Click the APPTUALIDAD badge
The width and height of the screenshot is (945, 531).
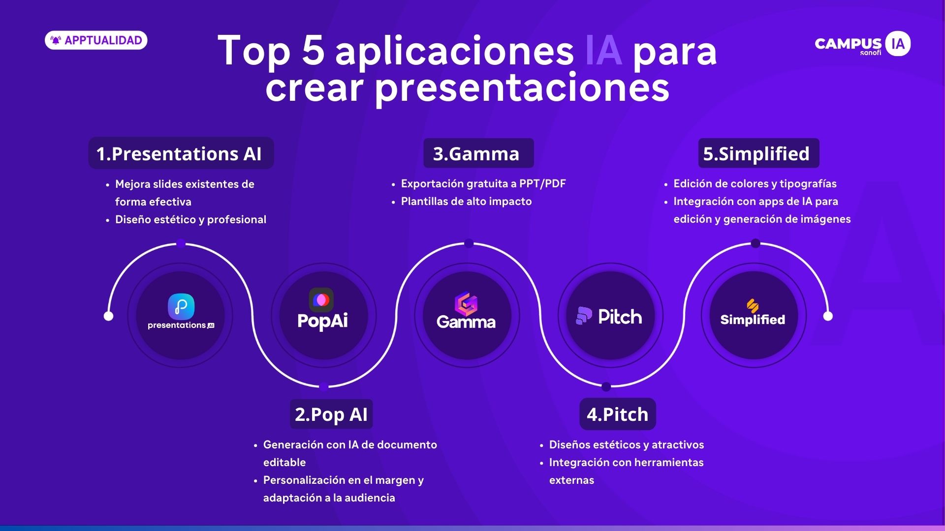(96, 40)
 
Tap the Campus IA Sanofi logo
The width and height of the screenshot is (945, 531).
(862, 44)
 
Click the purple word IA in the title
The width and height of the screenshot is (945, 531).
(603, 51)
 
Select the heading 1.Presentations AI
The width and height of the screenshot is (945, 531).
(181, 153)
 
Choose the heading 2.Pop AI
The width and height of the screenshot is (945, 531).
(331, 414)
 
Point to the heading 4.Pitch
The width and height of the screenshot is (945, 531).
(618, 414)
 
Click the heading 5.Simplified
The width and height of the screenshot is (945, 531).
(758, 153)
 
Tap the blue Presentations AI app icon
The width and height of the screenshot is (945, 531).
(181, 307)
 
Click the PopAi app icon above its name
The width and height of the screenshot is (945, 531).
(321, 299)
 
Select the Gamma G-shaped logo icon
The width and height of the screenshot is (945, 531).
(466, 304)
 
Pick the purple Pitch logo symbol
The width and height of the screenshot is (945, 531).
(584, 316)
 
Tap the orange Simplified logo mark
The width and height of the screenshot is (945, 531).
(753, 306)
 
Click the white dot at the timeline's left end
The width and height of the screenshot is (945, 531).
(108, 316)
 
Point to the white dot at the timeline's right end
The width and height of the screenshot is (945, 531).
(828, 316)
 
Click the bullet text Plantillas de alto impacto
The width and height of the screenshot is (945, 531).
(466, 201)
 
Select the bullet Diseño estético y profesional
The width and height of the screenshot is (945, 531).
(190, 219)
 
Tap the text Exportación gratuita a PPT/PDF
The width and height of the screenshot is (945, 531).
(483, 183)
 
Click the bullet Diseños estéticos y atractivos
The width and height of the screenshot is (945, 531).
(627, 444)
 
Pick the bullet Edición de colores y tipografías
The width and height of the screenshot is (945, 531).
(755, 183)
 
